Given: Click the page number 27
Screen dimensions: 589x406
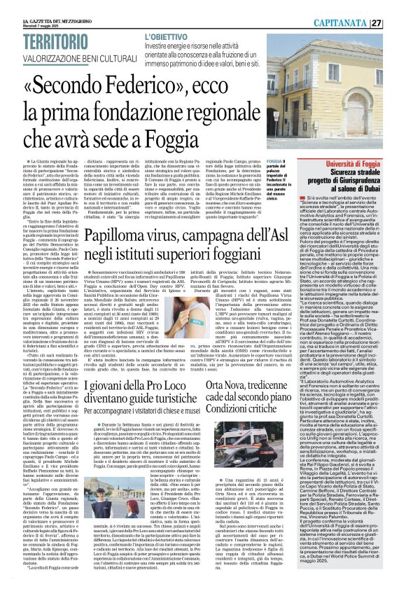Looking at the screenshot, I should [396, 6].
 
